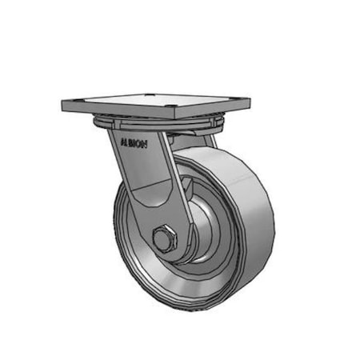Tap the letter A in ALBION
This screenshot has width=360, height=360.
tap(121, 137)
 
